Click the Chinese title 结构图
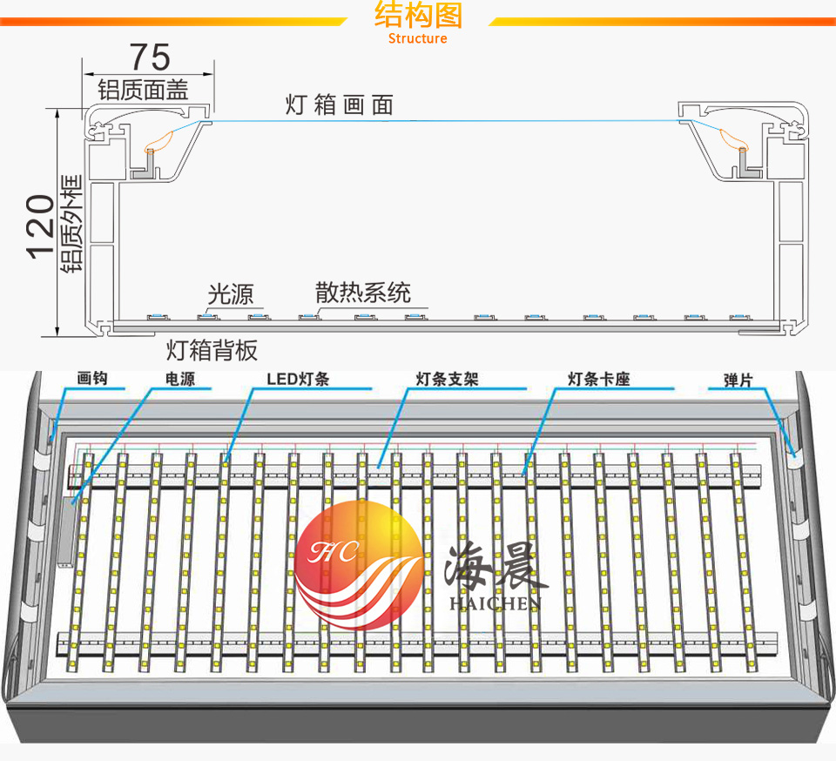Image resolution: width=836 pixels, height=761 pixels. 418,16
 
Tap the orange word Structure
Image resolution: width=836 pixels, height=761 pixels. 418,38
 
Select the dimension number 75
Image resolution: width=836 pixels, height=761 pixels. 150,57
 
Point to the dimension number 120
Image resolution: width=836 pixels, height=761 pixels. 39,226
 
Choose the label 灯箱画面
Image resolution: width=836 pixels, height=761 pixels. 340,105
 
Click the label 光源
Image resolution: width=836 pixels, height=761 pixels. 230,293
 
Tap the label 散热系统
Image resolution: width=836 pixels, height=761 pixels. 363,292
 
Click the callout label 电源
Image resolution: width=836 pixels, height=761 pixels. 180,380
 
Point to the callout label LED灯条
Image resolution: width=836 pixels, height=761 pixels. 298,380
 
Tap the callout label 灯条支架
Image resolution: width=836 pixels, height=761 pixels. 448,380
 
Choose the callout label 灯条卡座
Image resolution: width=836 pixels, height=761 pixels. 598,380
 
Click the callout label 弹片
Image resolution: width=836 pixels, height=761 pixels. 738,380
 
